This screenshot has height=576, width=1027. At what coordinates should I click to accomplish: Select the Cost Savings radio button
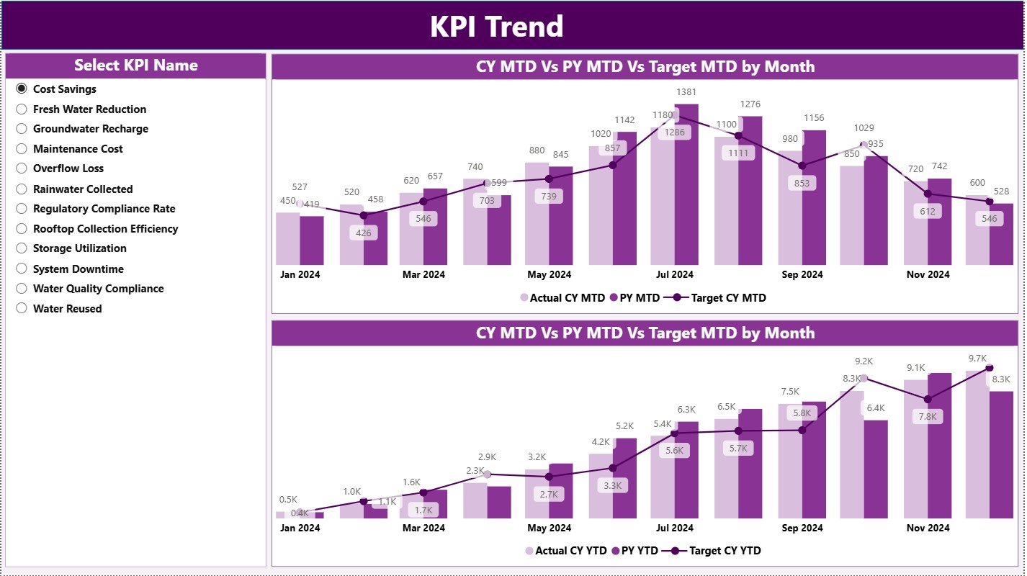pyautogui.click(x=22, y=89)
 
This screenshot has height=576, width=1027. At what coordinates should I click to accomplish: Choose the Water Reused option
pyautogui.click(x=22, y=309)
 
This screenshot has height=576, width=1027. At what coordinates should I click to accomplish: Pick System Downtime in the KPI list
pyautogui.click(x=22, y=269)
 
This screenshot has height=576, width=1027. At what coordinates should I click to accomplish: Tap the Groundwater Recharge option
pyautogui.click(x=22, y=129)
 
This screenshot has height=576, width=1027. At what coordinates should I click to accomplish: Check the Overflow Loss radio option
pyautogui.click(x=22, y=168)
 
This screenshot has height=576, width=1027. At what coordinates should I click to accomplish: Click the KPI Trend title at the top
pyautogui.click(x=496, y=27)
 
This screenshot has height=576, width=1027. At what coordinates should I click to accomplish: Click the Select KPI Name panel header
pyautogui.click(x=135, y=66)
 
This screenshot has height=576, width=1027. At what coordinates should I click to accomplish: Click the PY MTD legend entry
pyautogui.click(x=634, y=297)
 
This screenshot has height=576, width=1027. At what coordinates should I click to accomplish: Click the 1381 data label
pyautogui.click(x=686, y=92)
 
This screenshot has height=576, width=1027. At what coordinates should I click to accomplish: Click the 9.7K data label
pyautogui.click(x=977, y=358)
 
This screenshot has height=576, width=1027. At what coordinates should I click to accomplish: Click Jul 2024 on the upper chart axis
pyautogui.click(x=675, y=274)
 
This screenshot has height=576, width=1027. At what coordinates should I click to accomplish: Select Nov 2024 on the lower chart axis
pyautogui.click(x=928, y=528)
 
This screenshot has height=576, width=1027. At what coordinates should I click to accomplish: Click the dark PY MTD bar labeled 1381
pyautogui.click(x=686, y=187)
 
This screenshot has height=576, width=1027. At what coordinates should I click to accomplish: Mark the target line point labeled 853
pyautogui.click(x=802, y=166)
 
